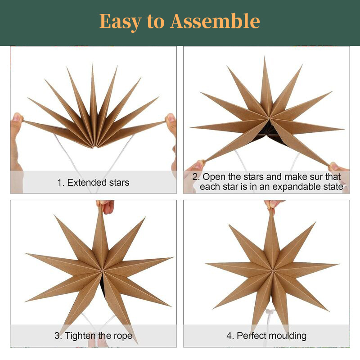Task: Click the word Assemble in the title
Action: pos(215,21)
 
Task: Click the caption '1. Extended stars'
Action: pos(93,183)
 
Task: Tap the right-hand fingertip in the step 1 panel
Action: pos(171,118)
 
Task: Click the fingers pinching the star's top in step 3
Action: pos(106,206)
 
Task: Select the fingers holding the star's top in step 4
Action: pos(273,204)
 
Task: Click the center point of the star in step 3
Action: pos(101,270)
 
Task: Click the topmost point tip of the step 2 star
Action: pos(264,57)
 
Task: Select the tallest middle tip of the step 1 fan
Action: pos(92,63)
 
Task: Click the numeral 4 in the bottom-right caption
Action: pos(229,336)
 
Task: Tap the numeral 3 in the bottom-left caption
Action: pos(57,336)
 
